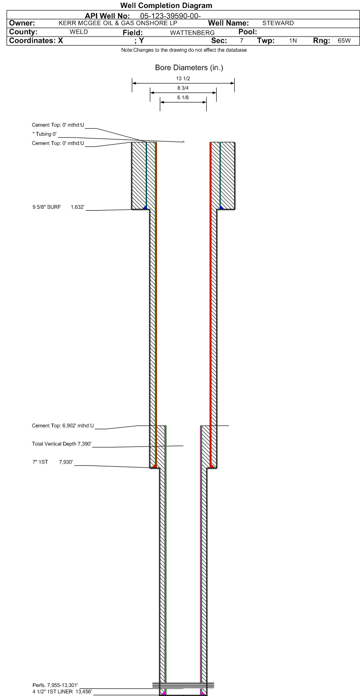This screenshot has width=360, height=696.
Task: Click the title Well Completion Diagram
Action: pos(166,6)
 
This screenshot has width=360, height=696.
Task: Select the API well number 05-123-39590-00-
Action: pos(170,16)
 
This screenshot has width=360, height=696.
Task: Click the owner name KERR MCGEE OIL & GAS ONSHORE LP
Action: pos(118,23)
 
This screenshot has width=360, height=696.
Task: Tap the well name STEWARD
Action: pos(278,23)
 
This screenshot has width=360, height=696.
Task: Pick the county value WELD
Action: pos(79,32)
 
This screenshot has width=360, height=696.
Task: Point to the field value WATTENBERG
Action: pos(192,33)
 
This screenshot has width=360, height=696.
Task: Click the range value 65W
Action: pos(344,41)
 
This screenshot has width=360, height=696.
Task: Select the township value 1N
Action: pos(293,41)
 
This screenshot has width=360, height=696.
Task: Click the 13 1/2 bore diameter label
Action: pos(183,79)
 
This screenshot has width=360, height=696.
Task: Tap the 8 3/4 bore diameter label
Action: pos(183,88)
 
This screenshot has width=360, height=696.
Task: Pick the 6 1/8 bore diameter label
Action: pos(183,98)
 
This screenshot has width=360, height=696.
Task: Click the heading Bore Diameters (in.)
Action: pos(189,68)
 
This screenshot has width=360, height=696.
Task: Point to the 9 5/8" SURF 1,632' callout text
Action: pos(58,207)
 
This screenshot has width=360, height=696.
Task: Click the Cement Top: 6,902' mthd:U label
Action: pos(63,426)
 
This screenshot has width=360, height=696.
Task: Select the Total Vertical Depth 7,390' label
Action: pos(62,444)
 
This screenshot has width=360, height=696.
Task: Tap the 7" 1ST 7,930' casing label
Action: pos(53,462)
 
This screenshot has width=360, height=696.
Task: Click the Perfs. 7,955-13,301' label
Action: pos(55,685)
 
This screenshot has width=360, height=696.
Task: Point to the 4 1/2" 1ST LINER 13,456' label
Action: pos(62,692)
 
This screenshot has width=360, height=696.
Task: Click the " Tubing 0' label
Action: pos(45,134)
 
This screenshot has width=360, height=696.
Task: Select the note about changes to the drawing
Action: pos(184,50)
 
